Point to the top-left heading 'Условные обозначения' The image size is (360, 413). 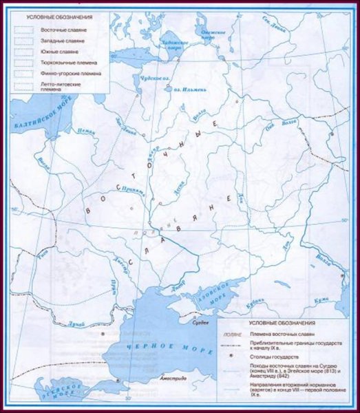(x=56, y=14)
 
